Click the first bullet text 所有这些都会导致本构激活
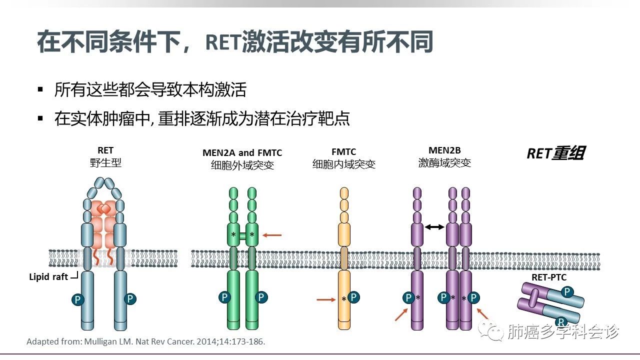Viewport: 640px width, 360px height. point(150,90)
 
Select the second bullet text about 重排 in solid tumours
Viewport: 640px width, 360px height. point(202,119)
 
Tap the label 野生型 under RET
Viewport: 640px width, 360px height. point(105,163)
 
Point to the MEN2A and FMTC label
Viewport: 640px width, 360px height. point(242,152)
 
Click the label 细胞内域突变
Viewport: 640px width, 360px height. point(343,164)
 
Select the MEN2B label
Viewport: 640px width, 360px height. point(444,150)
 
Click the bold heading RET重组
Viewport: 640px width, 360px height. point(555,153)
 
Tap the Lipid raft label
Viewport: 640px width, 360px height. point(48,277)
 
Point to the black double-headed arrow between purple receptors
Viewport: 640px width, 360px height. point(434,227)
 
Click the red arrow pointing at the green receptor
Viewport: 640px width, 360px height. point(272,234)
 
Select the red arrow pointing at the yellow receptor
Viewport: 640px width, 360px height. point(326,300)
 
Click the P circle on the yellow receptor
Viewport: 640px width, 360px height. point(354,297)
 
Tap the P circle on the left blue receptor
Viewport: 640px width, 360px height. point(77,299)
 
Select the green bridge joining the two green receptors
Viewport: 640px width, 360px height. point(242,235)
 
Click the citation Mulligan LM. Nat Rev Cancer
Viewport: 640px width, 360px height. point(145,342)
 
